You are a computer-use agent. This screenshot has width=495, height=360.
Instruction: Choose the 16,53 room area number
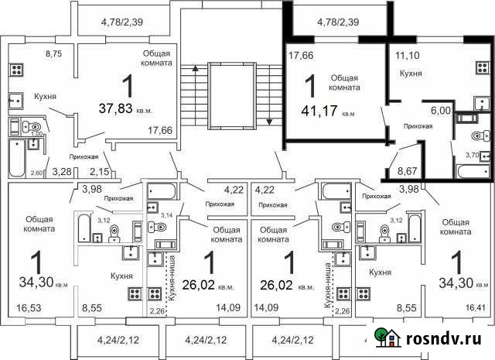click(29, 308)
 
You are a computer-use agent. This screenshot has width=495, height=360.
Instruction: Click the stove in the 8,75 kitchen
click(17, 69)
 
